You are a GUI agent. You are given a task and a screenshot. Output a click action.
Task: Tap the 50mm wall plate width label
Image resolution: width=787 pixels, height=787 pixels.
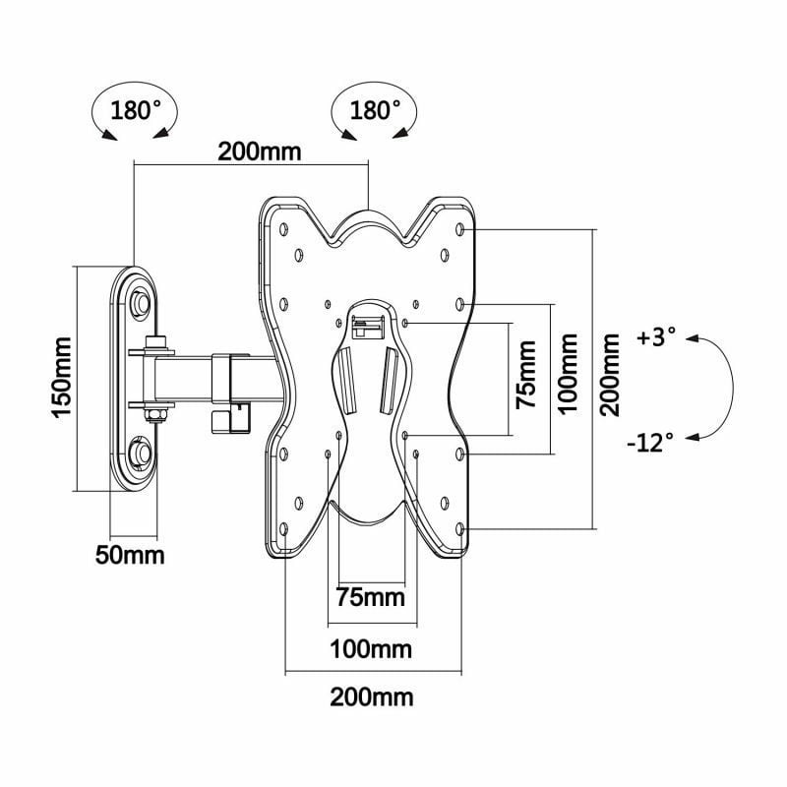[130, 555]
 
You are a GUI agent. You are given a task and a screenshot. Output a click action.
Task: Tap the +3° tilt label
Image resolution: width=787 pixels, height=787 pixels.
[656, 337]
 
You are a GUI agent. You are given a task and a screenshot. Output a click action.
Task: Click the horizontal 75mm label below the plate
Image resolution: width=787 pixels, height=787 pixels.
[371, 597]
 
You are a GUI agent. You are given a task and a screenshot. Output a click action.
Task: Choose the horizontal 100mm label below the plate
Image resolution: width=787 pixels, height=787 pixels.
[371, 649]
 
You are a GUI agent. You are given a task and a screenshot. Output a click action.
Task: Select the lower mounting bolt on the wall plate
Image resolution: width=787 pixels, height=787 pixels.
[139, 453]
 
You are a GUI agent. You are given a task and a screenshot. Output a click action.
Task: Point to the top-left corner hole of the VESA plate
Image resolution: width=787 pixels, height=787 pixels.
[283, 228]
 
